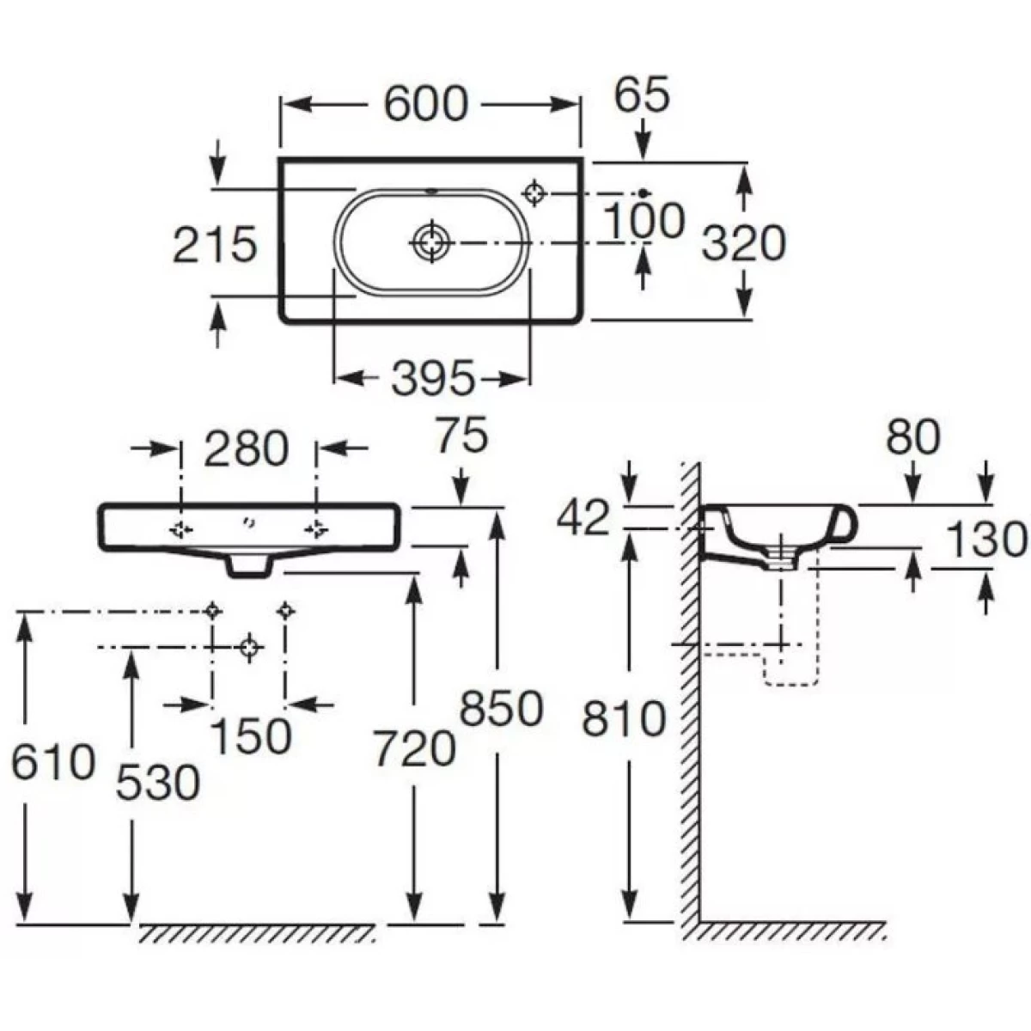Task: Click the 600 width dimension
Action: point(425,105)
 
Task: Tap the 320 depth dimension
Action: point(743,243)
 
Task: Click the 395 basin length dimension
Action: point(432,378)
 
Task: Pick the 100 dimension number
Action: point(644,221)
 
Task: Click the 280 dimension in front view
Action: point(246,448)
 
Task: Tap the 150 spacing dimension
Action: point(250,735)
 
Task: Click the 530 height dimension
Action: point(157,782)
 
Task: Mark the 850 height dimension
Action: point(501,710)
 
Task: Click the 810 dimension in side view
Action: point(624,718)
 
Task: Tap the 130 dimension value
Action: point(985,540)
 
